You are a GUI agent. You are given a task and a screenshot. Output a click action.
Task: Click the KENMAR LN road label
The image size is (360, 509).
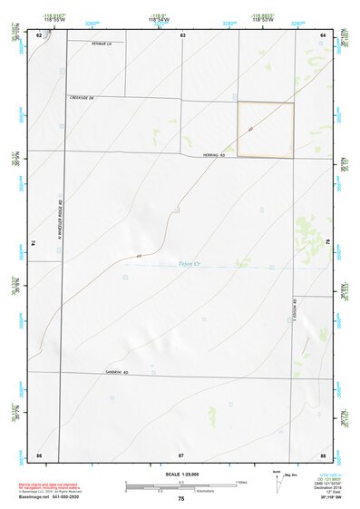(102, 43)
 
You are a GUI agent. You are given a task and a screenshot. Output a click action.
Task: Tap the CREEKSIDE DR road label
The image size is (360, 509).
(82, 97)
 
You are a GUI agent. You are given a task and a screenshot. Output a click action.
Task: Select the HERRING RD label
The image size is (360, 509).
(213, 155)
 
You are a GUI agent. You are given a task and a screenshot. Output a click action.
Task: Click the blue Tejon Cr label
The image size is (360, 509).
(190, 265)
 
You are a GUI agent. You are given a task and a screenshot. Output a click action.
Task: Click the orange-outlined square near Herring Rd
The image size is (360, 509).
(266, 130)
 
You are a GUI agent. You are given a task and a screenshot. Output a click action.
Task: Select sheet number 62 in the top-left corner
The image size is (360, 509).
(39, 34)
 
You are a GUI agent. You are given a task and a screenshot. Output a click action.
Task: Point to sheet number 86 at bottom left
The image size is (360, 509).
(39, 453)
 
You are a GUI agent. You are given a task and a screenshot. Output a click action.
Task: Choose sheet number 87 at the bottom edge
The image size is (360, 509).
(181, 453)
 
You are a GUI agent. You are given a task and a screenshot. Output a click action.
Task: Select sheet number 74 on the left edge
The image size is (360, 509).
(34, 243)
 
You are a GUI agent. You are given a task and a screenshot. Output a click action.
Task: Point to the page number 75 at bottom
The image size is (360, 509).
(181, 499)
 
